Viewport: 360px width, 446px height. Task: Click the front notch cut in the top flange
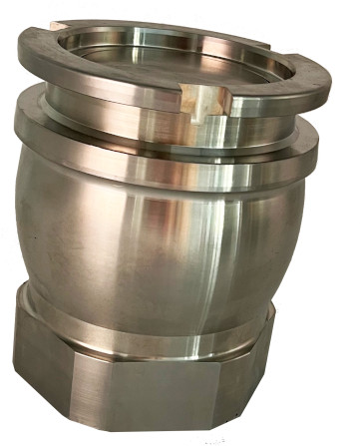click(221, 100)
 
